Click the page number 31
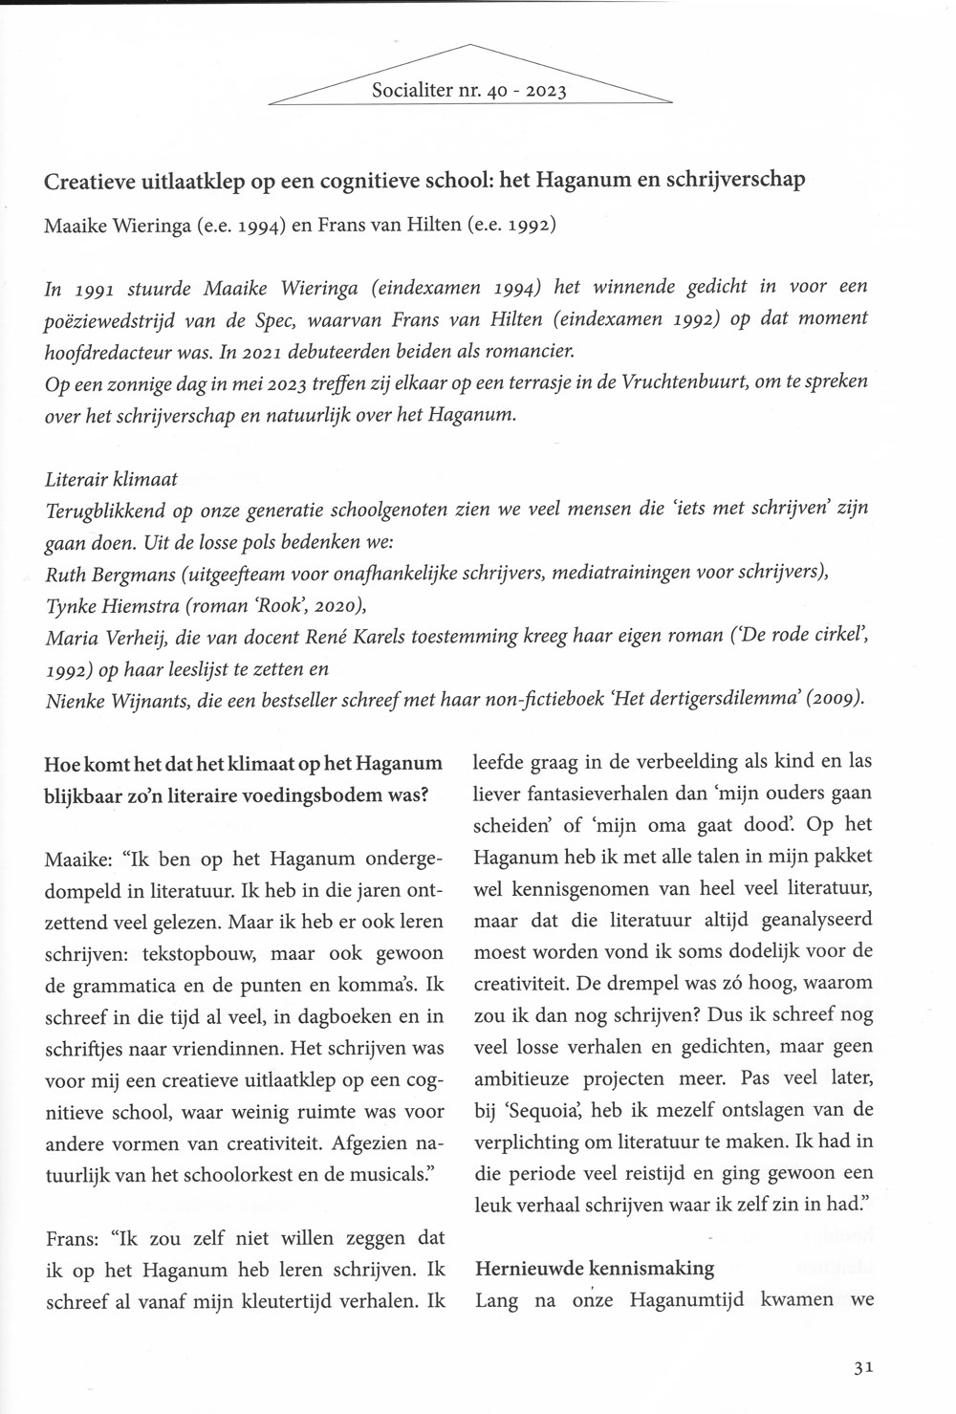click(863, 1367)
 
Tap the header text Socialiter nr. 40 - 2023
click(469, 92)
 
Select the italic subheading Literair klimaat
click(111, 478)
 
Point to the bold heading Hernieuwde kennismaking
click(595, 1268)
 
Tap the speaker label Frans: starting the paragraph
click(73, 1237)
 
